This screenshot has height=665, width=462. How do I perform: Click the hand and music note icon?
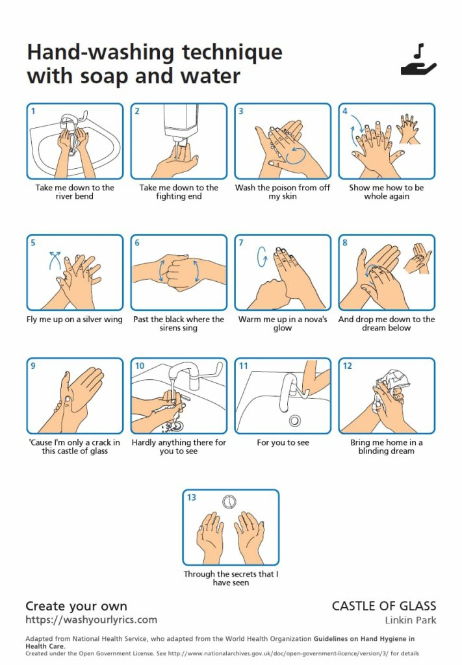tap(418, 60)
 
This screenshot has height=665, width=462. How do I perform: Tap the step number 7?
tap(241, 243)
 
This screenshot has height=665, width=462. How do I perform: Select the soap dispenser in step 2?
tap(181, 126)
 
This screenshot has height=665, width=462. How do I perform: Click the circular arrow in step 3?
tap(296, 155)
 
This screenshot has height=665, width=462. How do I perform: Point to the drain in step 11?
tap(295, 420)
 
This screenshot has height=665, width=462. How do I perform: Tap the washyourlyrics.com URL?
tap(91, 620)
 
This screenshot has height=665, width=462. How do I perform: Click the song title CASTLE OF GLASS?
tap(384, 606)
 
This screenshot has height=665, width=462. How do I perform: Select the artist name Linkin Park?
tap(411, 620)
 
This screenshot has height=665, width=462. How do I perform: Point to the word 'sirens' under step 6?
tap(170, 328)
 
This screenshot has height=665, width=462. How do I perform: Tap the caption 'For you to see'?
tap(283, 442)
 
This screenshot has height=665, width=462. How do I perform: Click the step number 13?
tap(192, 497)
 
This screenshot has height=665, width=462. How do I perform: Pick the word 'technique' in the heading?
tap(232, 53)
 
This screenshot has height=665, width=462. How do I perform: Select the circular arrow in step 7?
tap(262, 257)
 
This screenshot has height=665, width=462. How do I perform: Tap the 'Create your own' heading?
tap(77, 606)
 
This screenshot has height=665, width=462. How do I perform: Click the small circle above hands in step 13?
tap(229, 502)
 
